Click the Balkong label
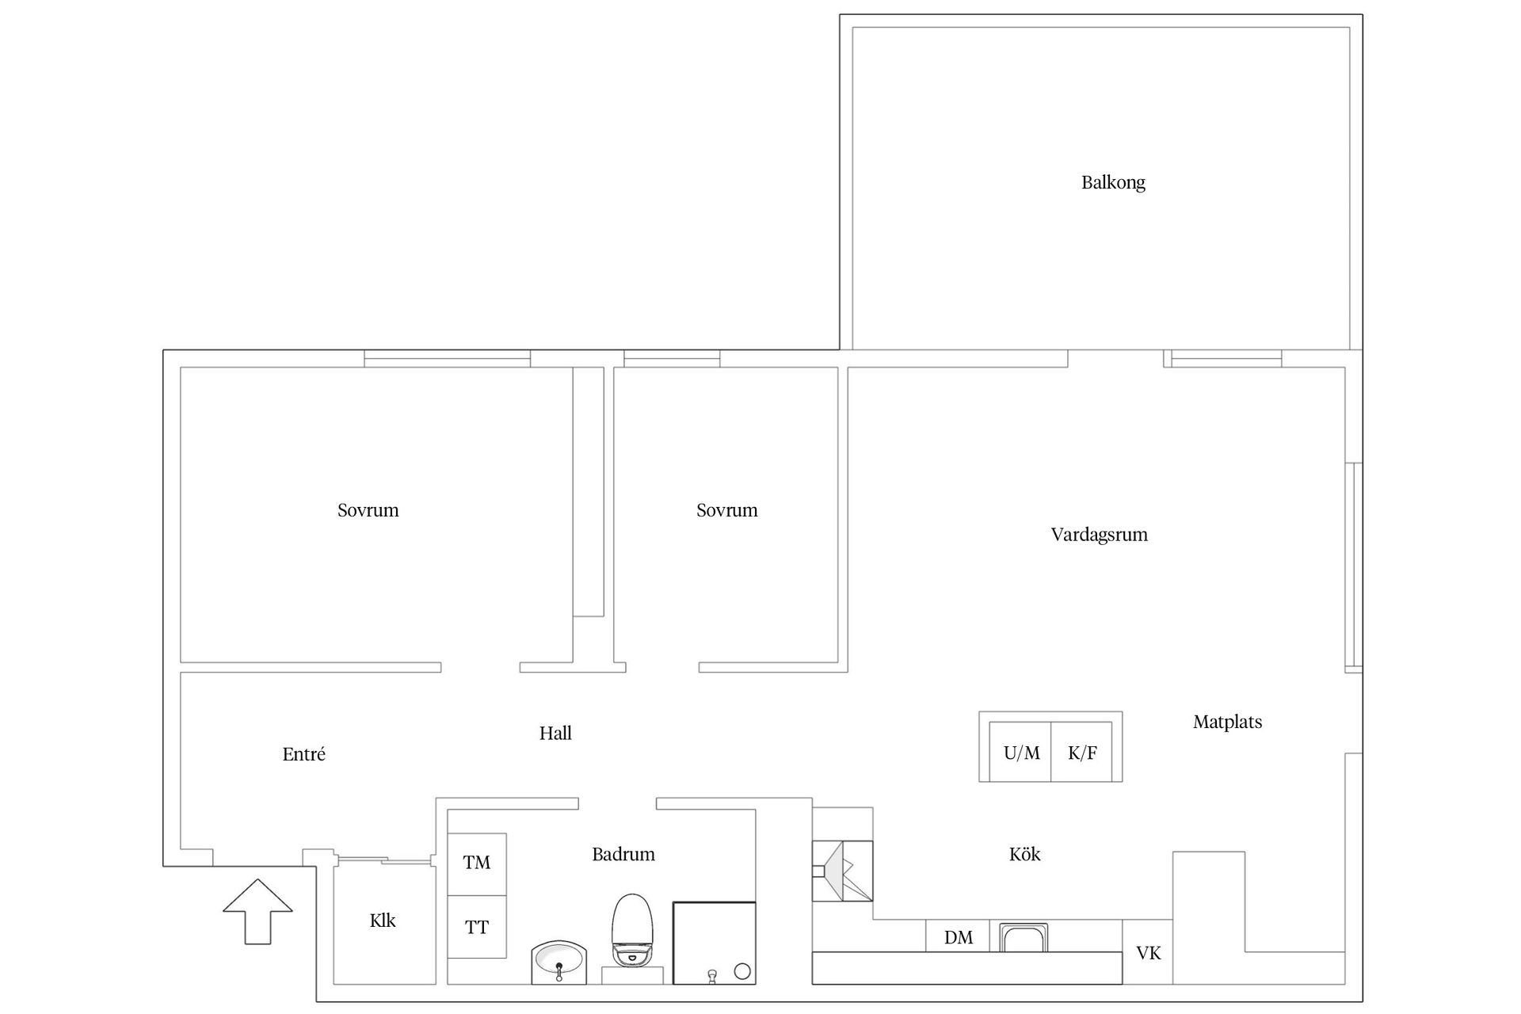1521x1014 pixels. pos(1113,183)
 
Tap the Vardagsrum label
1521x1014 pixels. pos(1099,535)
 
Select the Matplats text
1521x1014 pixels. pos(1227,722)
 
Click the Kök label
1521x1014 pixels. pos(1024,854)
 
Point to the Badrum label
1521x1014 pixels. pos(623,854)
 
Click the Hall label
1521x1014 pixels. pos(555,734)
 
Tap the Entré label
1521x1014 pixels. pos(303,754)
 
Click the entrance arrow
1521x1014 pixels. pos(257,911)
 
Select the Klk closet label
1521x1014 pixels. pos(383,921)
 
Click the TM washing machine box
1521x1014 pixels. pos(477,864)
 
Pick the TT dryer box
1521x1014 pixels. pos(477,927)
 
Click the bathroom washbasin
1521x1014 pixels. pos(558,962)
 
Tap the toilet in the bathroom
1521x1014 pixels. pos(631,930)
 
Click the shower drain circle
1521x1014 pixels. pos(742,970)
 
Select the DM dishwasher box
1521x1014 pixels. pos(958,936)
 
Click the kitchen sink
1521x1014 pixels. pos(1024,937)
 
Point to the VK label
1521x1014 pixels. pos(1149,953)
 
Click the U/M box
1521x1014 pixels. pos(1020,752)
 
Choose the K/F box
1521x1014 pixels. pos(1082,752)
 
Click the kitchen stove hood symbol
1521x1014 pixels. pos(842,871)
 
